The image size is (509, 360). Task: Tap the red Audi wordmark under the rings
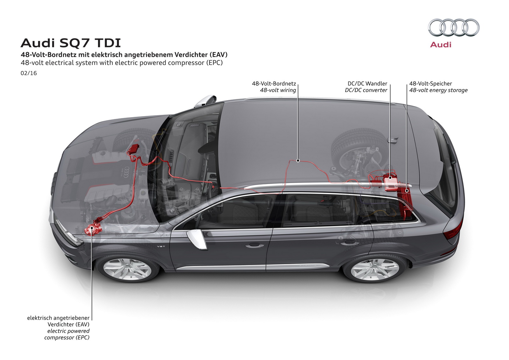point(441,45)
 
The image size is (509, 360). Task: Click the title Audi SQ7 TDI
point(71,43)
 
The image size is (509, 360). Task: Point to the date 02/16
point(29,73)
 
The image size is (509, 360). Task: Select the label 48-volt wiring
point(278,90)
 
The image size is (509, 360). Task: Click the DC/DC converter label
point(366,90)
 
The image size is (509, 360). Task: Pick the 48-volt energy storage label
point(438,90)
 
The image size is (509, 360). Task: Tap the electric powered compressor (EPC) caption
point(67,334)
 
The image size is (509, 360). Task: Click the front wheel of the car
point(127,269)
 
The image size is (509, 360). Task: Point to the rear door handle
point(347,243)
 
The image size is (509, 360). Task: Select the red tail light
point(452,231)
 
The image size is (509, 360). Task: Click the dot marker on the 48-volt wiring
point(298,161)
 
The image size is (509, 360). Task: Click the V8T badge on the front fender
point(161,246)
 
